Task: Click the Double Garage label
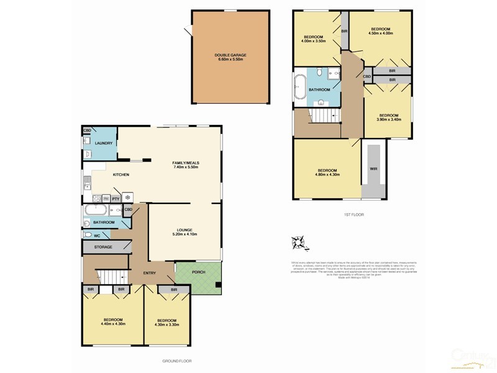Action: (230, 57)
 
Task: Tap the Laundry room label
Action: (103, 143)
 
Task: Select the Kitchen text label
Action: (121, 175)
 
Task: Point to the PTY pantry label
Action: (116, 198)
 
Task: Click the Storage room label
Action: (103, 247)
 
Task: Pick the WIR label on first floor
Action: (373, 168)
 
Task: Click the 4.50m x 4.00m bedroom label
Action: (380, 32)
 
